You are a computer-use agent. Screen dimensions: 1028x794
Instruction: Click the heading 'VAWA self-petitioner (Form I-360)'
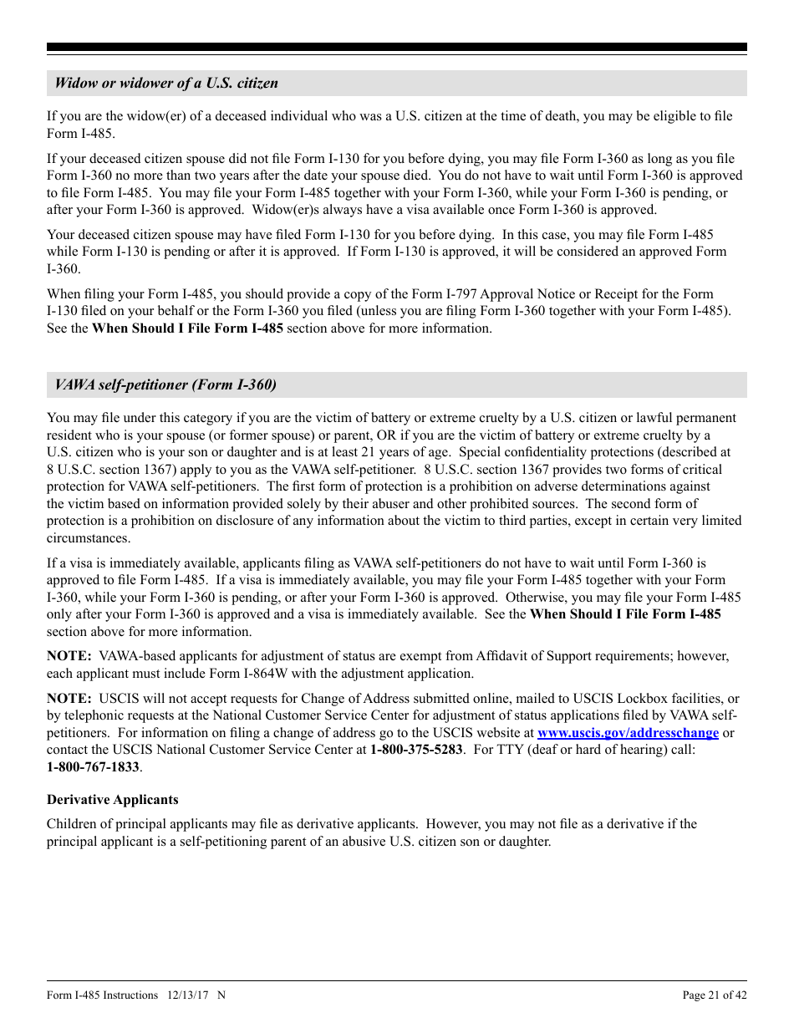tap(165, 384)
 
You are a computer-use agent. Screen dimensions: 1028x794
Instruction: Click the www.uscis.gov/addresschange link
tap(628, 733)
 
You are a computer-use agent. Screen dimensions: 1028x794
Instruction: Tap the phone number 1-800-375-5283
tap(416, 750)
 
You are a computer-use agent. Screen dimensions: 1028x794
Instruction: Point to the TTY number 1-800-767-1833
tap(93, 767)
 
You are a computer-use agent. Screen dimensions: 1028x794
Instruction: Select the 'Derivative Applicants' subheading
tap(112, 800)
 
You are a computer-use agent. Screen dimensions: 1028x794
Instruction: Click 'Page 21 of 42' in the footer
tap(715, 995)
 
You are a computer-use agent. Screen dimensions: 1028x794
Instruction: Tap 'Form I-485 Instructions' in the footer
tap(102, 995)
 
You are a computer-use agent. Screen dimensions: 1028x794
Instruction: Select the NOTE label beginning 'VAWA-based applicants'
tap(69, 656)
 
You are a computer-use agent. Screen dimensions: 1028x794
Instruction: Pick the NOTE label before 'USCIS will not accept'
tap(69, 699)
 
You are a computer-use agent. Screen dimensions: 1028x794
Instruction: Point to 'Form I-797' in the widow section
tap(444, 294)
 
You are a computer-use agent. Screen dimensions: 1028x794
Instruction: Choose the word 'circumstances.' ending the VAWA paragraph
tap(89, 538)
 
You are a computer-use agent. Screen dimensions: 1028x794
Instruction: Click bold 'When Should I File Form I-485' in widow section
tap(187, 328)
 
